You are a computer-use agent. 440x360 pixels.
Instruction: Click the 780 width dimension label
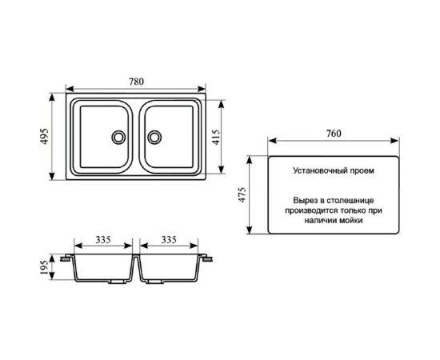(136, 82)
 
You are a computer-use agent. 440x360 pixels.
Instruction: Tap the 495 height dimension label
(45, 136)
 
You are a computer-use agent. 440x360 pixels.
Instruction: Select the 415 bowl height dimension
(216, 137)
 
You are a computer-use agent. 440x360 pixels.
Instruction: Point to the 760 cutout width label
(334, 134)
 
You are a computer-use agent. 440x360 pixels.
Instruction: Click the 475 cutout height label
(242, 194)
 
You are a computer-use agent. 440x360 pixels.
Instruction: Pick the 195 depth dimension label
(44, 267)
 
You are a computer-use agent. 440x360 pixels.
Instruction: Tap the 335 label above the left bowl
(103, 240)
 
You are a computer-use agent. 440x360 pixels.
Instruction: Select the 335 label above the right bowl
(169, 240)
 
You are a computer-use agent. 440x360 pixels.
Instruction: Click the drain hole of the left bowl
(118, 138)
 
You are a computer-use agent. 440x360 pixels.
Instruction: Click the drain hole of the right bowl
(154, 138)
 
